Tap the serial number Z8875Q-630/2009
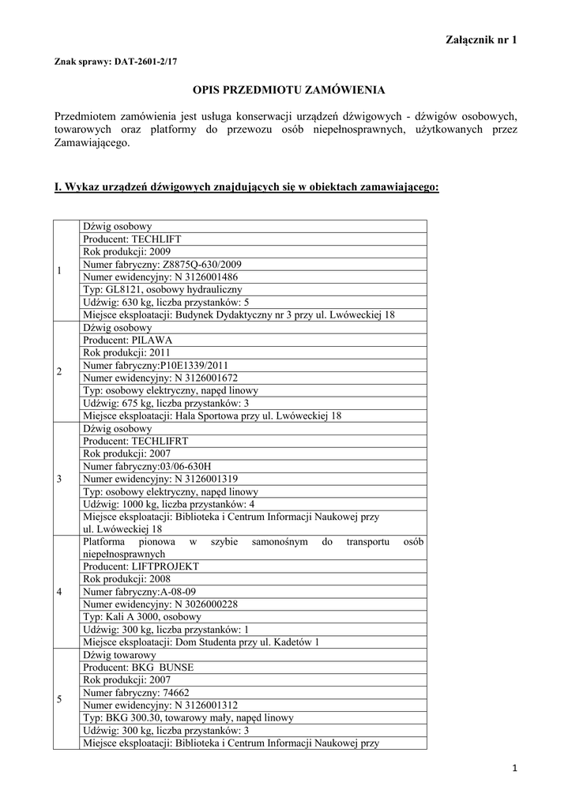202,265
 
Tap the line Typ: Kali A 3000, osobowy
142,616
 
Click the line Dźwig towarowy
119,654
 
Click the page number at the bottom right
514,768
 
